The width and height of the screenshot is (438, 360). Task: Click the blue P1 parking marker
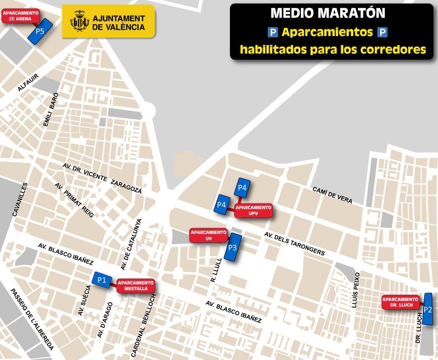(102, 280)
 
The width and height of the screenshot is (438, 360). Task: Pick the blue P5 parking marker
(40, 31)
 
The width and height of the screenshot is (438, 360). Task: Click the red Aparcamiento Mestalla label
(135, 285)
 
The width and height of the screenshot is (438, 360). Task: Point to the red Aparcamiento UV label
(208, 235)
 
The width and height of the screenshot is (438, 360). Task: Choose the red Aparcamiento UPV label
(253, 211)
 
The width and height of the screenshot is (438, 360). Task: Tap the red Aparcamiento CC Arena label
(20, 16)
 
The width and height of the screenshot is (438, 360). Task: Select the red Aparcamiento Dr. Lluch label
(400, 302)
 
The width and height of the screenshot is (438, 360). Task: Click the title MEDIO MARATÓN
(328, 13)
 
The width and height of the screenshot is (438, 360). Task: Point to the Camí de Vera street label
(332, 195)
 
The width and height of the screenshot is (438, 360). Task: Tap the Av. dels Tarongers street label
(294, 244)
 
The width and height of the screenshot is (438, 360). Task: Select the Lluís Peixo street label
(355, 290)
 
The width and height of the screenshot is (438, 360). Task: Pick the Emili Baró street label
(51, 109)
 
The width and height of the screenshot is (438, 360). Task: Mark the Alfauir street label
(28, 82)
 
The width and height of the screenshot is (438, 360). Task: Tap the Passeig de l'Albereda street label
(32, 319)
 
